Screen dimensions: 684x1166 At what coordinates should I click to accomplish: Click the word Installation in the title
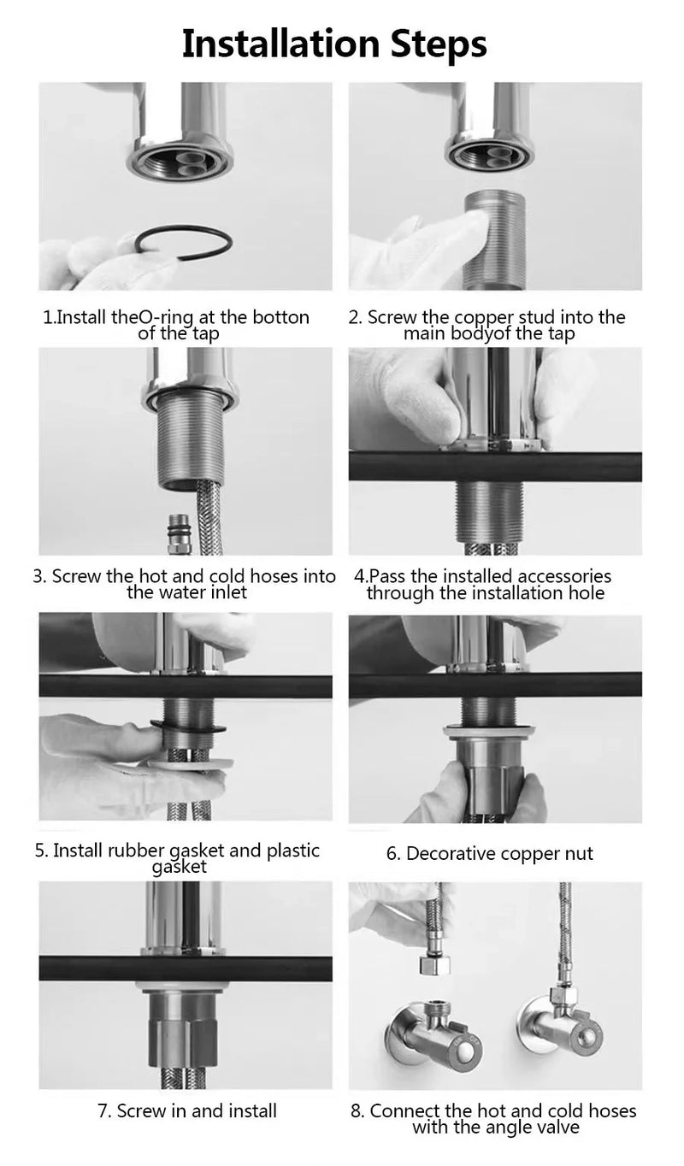tap(280, 44)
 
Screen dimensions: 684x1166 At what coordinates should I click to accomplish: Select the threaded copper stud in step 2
tap(494, 239)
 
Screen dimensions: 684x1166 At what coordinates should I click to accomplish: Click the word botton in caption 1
tap(281, 317)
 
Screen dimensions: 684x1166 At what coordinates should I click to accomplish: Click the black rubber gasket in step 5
tap(187, 727)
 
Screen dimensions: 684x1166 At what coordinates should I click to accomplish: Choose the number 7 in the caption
tap(103, 1110)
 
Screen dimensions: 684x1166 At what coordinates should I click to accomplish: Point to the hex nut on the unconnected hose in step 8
tap(434, 966)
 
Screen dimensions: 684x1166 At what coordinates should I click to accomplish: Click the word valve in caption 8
tap(559, 1127)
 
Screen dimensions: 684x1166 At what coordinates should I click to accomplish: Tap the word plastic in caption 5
tap(293, 851)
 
